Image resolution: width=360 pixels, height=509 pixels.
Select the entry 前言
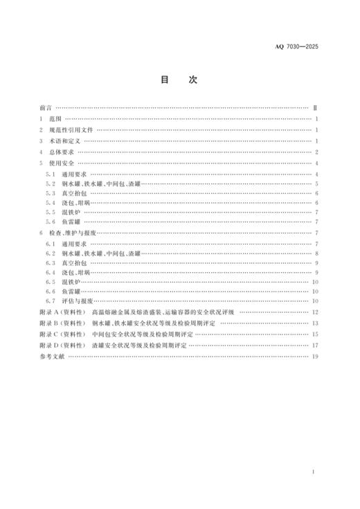point(46,107)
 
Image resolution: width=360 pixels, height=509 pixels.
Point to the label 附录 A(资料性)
point(62,312)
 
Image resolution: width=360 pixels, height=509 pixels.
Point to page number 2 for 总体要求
point(316,152)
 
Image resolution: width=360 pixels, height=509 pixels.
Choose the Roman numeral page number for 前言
point(315,107)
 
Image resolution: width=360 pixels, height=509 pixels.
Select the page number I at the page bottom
point(314,472)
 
